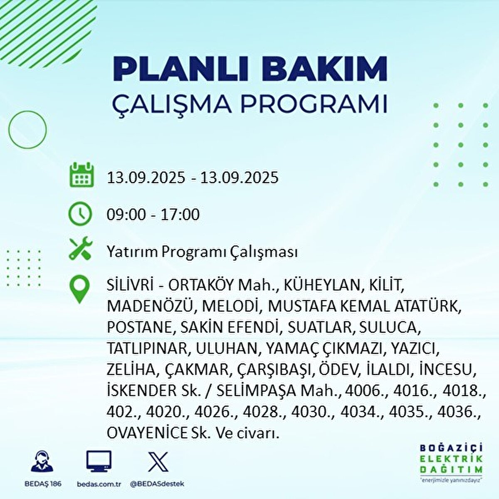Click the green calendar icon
pos(80,175)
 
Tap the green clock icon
pos(80,214)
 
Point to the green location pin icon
pos(79,289)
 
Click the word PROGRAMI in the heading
pos(314,105)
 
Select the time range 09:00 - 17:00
pos(153,215)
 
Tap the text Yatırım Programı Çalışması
pos(202,252)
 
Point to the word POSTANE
pos(139,327)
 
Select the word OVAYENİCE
pos(147,433)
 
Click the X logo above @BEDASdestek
pos(158,462)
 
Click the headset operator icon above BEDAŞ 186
pos(42,462)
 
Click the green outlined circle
pos(27,130)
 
